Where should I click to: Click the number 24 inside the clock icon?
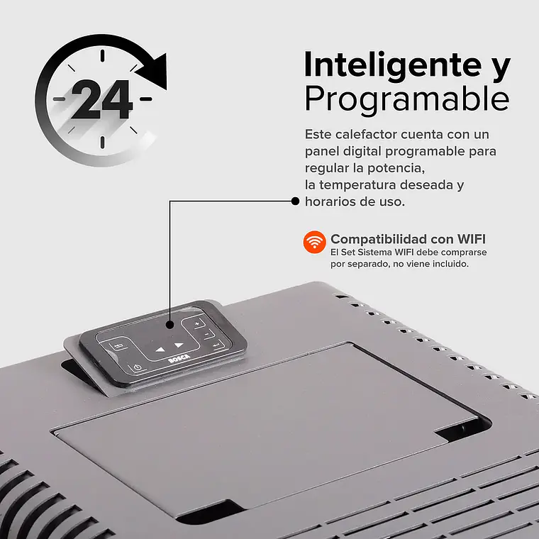[x=101, y=99]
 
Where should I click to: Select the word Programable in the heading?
[x=406, y=99]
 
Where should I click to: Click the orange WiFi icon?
[x=314, y=241]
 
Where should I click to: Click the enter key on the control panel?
[x=216, y=345]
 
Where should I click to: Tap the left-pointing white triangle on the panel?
[x=160, y=349]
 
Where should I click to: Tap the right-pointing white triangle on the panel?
[x=179, y=347]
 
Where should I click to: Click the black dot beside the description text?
[x=296, y=201]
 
